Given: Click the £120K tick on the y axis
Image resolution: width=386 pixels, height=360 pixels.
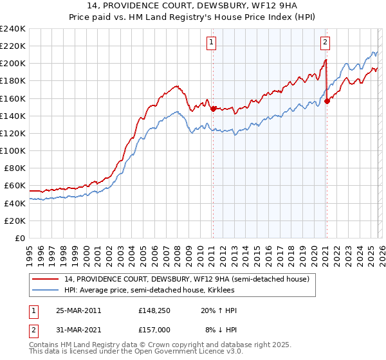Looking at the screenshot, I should click(13, 133).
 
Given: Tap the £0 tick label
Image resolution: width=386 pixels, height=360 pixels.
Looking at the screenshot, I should click(19, 238).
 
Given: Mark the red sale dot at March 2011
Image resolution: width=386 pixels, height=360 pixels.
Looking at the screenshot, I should click(213, 109).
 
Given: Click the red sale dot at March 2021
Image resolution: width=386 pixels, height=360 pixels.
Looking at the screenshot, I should click(327, 101).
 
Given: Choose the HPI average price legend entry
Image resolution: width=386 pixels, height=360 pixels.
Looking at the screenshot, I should click(151, 291).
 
